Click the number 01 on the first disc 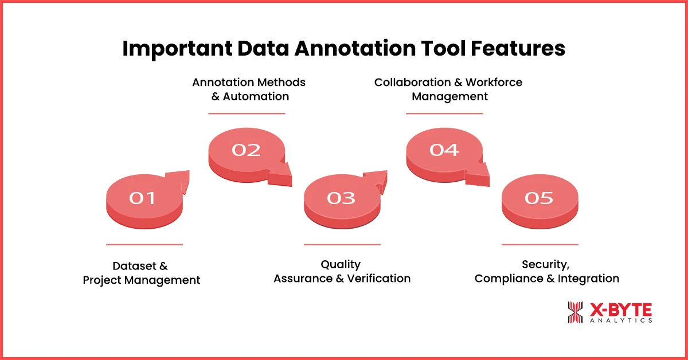click(x=142, y=198)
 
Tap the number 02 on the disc click(x=246, y=150)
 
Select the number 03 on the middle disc click(x=341, y=198)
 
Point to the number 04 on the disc click(x=444, y=150)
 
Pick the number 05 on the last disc click(x=539, y=198)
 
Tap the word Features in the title click(x=517, y=49)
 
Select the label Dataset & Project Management click(x=141, y=273)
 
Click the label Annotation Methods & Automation click(x=249, y=89)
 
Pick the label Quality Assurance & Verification click(x=342, y=271)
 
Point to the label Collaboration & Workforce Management click(x=448, y=89)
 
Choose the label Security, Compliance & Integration click(x=546, y=271)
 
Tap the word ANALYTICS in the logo click(x=620, y=320)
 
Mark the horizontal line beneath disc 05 click(x=540, y=245)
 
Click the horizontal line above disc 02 click(x=247, y=114)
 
